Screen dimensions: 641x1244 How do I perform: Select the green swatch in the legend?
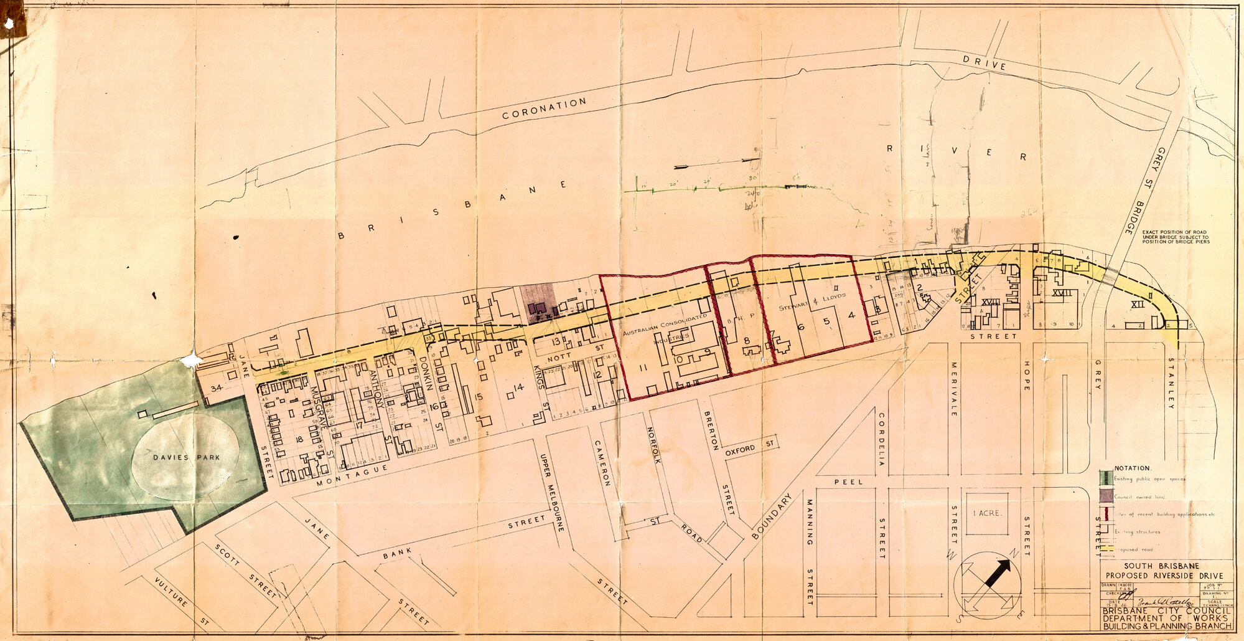click(1105, 478)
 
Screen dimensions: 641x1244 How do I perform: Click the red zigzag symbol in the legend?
click(1105, 515)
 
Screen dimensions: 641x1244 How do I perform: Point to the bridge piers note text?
click(1176, 237)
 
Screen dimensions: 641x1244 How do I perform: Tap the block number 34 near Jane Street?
click(217, 388)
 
